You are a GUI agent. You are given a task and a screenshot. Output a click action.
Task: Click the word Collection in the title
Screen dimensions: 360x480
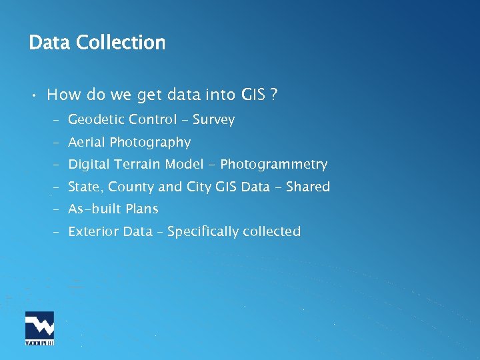click(x=121, y=43)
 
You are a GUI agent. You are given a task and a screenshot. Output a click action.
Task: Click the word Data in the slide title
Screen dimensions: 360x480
click(x=50, y=43)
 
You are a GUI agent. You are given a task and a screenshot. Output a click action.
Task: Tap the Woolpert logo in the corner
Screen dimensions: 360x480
click(x=39, y=329)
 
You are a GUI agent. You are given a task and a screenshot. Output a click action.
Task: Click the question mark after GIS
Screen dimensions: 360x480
click(x=273, y=95)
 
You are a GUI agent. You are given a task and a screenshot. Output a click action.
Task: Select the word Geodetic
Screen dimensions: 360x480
click(x=96, y=120)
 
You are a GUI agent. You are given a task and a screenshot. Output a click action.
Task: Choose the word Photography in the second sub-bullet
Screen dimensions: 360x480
click(x=150, y=142)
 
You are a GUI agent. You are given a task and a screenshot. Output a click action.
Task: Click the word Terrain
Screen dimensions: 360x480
click(x=137, y=164)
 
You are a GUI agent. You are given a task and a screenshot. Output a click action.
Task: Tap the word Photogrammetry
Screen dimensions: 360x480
click(x=273, y=164)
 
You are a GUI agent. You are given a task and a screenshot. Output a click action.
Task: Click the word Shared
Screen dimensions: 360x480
click(x=308, y=187)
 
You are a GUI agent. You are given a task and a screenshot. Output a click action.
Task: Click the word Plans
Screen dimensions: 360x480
click(x=142, y=209)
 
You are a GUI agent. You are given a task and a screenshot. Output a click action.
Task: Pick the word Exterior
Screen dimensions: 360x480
click(x=92, y=231)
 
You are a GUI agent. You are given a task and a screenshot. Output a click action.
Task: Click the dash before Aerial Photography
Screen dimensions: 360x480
click(x=58, y=143)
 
